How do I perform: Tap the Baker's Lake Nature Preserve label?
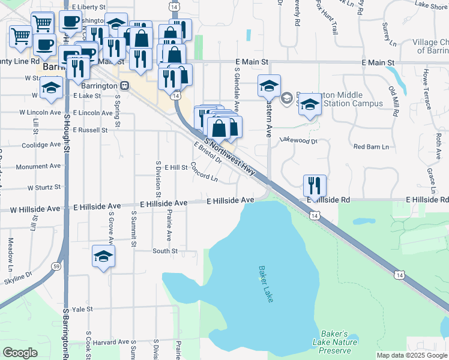pos(334,342)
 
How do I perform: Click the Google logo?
pos(20,353)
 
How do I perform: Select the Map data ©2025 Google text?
pos(411,355)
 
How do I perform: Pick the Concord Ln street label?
pos(204,172)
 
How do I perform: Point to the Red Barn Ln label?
pos(371,146)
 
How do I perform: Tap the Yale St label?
pos(82,309)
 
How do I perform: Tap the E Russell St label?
pos(88,130)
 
